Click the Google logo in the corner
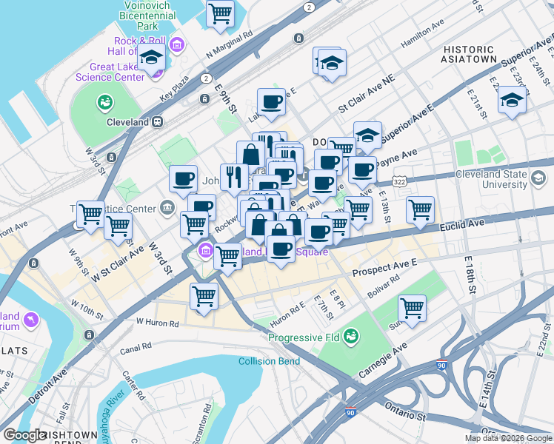[x=24, y=435]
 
